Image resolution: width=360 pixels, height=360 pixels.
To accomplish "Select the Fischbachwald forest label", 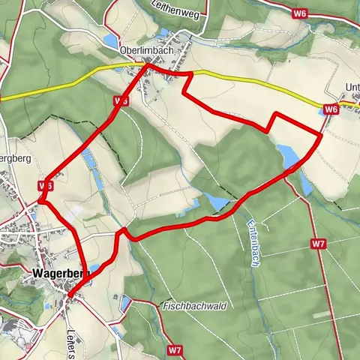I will point(195,306).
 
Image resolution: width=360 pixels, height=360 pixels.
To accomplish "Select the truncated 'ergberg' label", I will point(14,159).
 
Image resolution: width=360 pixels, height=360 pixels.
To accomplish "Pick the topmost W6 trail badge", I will point(301,13).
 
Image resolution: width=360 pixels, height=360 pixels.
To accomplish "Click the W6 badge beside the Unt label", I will point(332,109).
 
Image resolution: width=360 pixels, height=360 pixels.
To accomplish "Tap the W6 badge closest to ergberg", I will point(46,185).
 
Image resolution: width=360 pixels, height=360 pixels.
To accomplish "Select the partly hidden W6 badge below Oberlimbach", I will point(121,100).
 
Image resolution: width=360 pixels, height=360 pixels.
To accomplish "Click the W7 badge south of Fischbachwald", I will point(175,349).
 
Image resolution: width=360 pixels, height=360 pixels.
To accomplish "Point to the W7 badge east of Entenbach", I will point(318,244).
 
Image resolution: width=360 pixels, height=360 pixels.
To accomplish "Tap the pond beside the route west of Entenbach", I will point(216,202).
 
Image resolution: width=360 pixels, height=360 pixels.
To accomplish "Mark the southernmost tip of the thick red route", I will point(69,295).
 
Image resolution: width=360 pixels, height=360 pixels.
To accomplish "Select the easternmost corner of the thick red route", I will point(322,135).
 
